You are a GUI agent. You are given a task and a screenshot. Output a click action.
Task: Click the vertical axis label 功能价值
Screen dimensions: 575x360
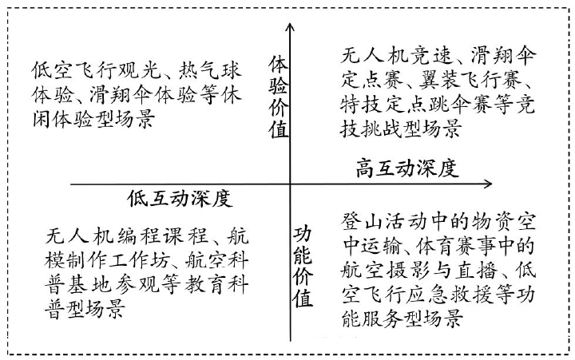303,267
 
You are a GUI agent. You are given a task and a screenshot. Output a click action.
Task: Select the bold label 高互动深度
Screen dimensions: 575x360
407,168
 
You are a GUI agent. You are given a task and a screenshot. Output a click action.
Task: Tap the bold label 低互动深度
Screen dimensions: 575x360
180,199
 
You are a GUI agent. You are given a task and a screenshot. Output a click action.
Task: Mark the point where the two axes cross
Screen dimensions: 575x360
291,184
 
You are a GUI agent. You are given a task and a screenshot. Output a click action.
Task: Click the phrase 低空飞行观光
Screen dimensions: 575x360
97,70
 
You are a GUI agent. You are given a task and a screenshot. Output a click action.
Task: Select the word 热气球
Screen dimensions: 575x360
210,70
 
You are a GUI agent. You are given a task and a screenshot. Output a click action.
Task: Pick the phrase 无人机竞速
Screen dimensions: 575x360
395,55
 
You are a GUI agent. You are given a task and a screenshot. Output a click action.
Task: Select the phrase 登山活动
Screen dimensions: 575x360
384,222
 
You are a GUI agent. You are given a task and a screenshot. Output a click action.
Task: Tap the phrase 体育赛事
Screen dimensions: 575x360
459,247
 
